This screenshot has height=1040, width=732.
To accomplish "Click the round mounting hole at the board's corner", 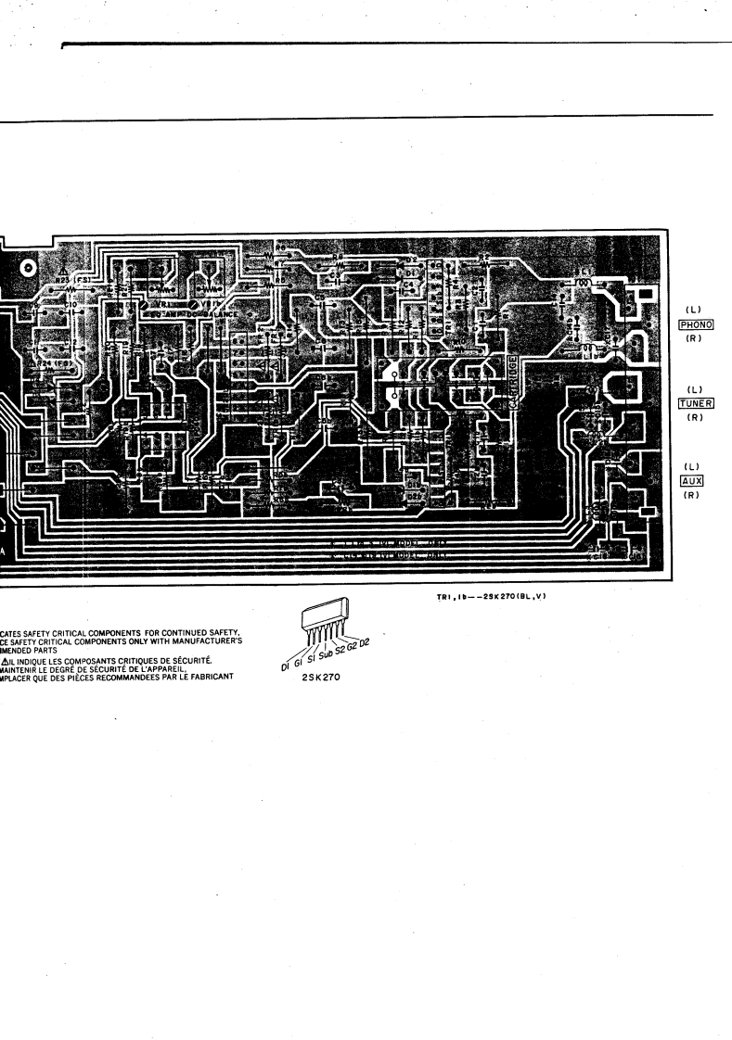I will coord(29,268).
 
